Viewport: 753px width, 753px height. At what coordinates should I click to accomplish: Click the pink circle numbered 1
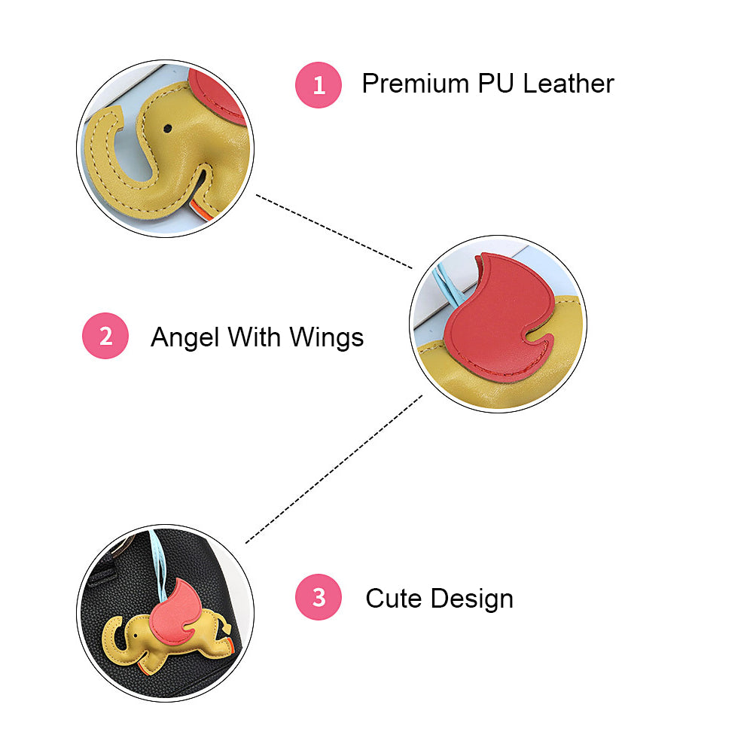pyautogui.click(x=319, y=84)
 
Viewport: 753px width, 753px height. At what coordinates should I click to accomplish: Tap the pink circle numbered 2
pyautogui.click(x=105, y=335)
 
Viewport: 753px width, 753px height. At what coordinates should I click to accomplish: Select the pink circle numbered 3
pyautogui.click(x=319, y=598)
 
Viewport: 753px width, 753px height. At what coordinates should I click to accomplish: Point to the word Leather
pyautogui.click(x=569, y=83)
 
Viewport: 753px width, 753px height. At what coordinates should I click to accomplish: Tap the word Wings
pyautogui.click(x=328, y=338)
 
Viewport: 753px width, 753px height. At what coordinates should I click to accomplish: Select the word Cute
pyautogui.click(x=393, y=599)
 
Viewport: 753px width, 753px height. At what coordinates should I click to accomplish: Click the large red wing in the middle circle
pyautogui.click(x=497, y=316)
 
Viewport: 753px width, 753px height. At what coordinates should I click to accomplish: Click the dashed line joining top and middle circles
pyautogui.click(x=335, y=231)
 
